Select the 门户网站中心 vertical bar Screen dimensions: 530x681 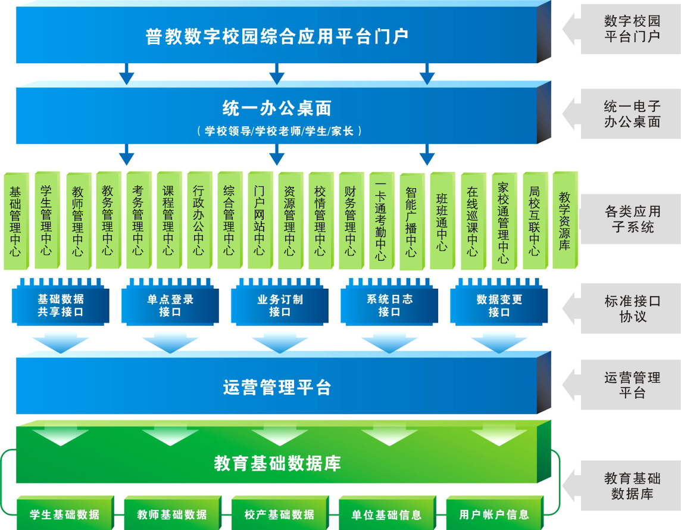coord(259,220)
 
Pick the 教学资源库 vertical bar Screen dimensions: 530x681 coord(564,220)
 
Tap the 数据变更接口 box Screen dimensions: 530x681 coord(499,305)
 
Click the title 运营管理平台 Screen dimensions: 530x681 coord(277,388)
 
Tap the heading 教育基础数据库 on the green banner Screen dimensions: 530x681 coord(277,463)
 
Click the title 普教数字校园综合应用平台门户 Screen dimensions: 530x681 coord(277,36)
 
